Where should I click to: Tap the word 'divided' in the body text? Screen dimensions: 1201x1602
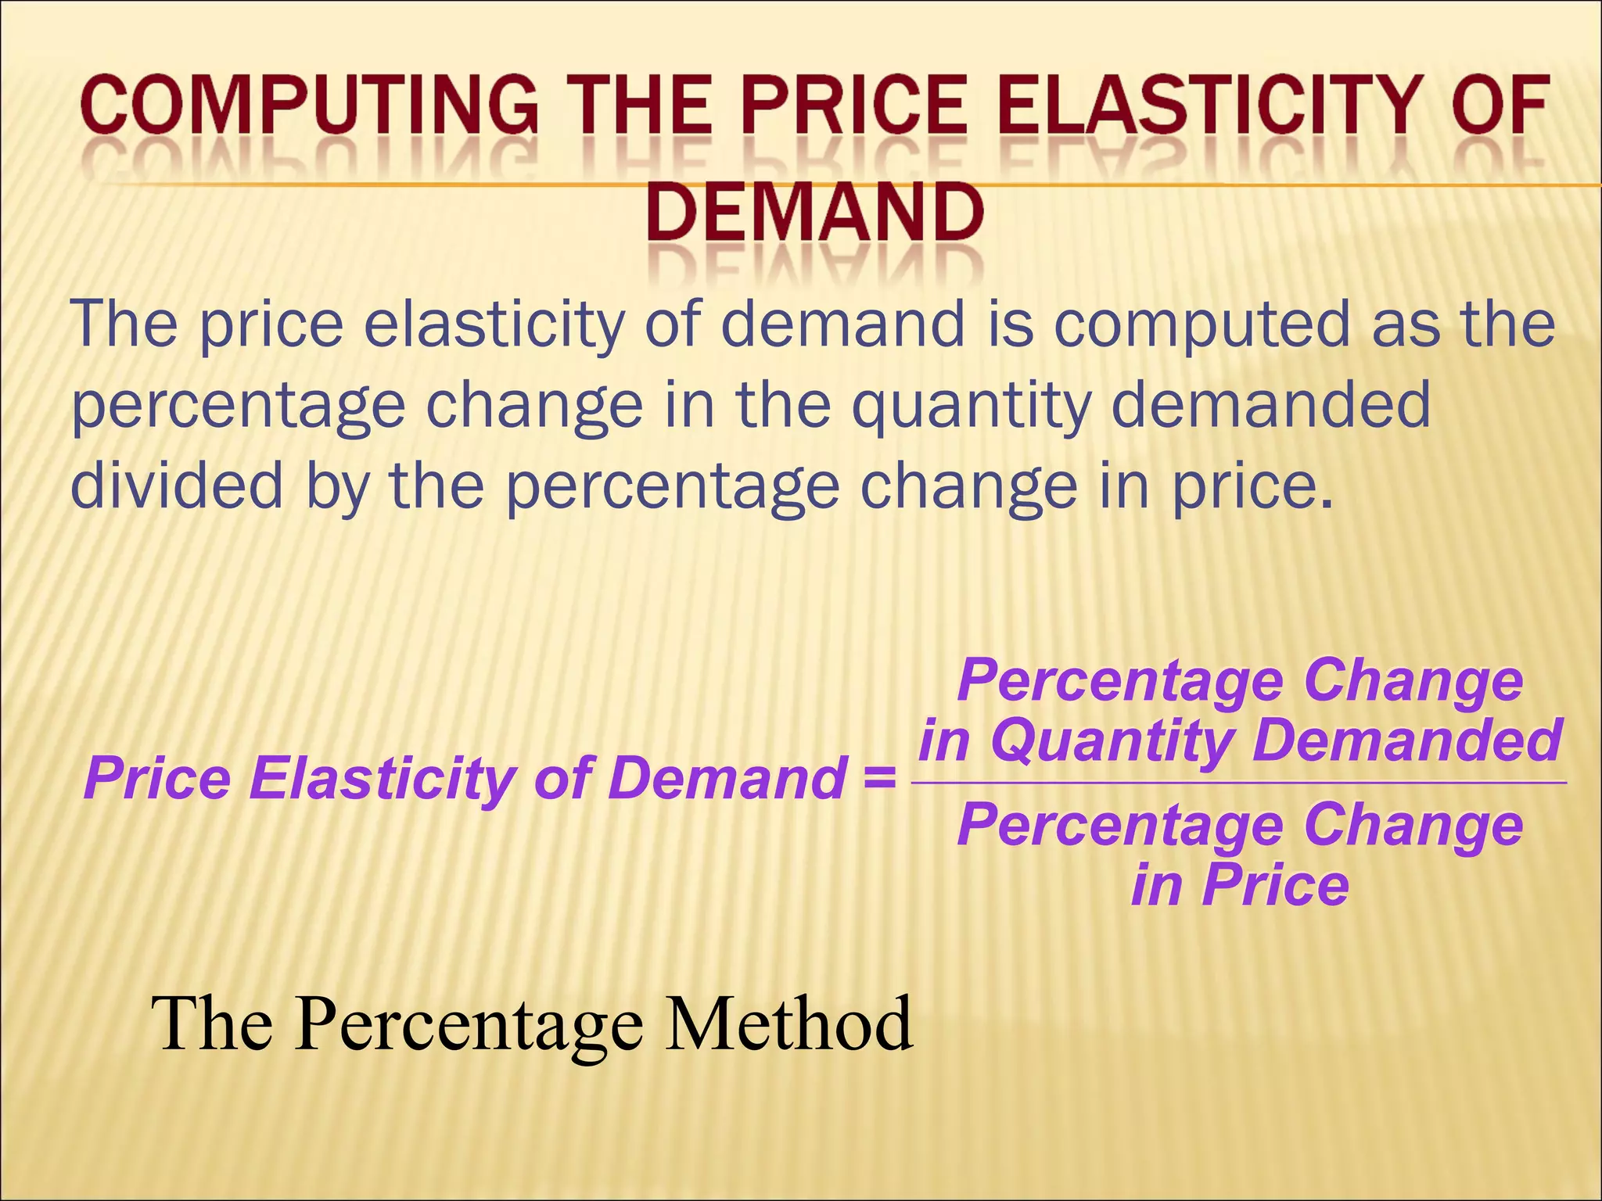click(x=177, y=485)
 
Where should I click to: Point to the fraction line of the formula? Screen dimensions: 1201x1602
click(x=1239, y=782)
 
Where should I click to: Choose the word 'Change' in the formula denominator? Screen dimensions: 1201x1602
click(x=1413, y=826)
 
